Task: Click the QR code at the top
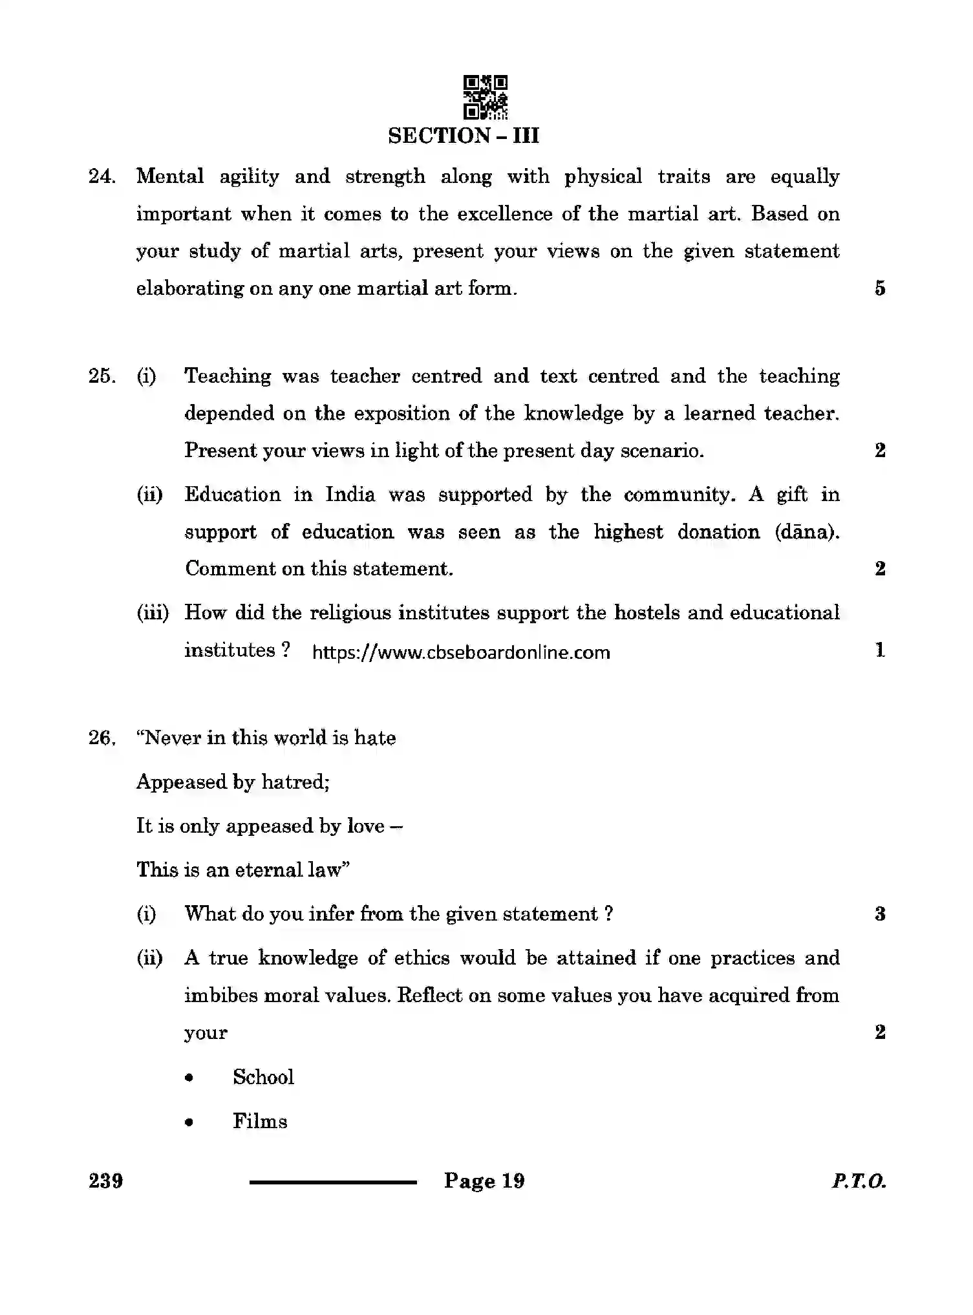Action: [x=486, y=98]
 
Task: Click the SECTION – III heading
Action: [x=463, y=136]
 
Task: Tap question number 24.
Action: [x=102, y=176]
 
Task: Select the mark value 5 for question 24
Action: [x=880, y=288]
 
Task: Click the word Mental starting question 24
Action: [x=170, y=176]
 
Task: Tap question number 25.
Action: [x=102, y=376]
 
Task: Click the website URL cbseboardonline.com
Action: [x=461, y=652]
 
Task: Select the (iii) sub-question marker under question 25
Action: [x=153, y=613]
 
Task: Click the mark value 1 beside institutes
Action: [x=880, y=650]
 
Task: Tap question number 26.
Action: [x=102, y=738]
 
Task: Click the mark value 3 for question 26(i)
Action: [x=880, y=914]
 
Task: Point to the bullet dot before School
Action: [x=189, y=1078]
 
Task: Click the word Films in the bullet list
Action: [x=260, y=1122]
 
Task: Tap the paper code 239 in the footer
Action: [x=106, y=1182]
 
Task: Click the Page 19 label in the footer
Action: [x=484, y=1182]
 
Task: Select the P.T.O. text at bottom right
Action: [x=859, y=1182]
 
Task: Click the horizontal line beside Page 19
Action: [x=334, y=1182]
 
